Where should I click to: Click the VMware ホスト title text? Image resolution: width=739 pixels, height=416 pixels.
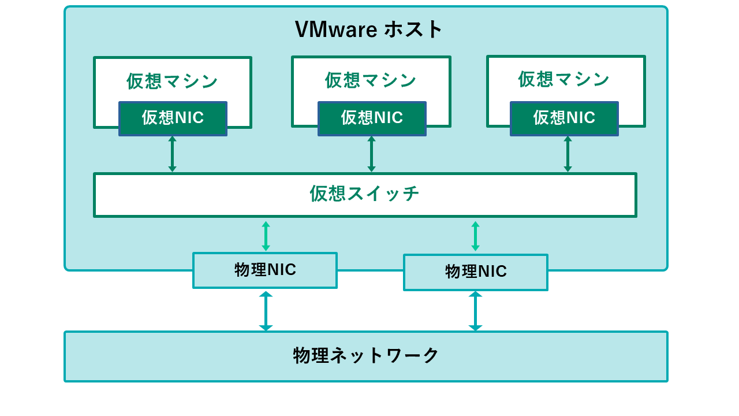tap(368, 29)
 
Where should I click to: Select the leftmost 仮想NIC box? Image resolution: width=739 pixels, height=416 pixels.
tap(173, 118)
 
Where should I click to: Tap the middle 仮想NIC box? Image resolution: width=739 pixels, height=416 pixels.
tap(372, 118)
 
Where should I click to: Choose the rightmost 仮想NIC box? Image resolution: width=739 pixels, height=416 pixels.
tap(564, 118)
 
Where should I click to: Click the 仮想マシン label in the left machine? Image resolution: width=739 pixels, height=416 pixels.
tap(172, 81)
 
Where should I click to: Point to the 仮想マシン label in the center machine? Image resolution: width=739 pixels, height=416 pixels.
tap(371, 80)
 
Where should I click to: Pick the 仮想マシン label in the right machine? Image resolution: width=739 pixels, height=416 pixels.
tap(563, 79)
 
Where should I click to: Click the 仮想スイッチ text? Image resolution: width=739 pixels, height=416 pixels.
tap(364, 194)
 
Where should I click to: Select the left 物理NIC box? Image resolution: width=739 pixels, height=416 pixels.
tap(265, 270)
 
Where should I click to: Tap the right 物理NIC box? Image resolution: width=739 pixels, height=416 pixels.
tap(476, 272)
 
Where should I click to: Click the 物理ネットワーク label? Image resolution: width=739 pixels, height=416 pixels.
tap(366, 355)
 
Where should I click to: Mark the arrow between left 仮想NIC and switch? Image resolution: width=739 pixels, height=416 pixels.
tap(172, 154)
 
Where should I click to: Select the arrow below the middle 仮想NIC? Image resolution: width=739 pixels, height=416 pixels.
tap(371, 154)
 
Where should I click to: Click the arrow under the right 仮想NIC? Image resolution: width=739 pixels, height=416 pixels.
tap(568, 154)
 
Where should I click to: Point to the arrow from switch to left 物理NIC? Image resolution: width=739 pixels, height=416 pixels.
tap(266, 236)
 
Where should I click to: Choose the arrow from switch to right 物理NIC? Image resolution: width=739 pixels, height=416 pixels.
tap(475, 236)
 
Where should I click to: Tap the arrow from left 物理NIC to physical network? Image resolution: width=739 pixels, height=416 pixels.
tap(266, 311)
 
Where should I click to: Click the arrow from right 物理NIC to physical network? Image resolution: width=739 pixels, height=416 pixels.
tap(475, 311)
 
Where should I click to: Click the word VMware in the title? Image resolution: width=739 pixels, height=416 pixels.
tap(336, 29)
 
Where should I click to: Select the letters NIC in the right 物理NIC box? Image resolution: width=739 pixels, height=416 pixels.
tap(492, 272)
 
